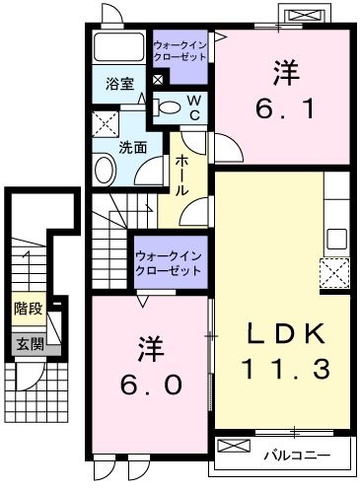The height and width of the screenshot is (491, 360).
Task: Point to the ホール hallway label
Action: pos(182,175)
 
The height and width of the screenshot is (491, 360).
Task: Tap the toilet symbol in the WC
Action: pos(169,106)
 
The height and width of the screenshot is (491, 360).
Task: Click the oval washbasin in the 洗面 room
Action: pos(105,172)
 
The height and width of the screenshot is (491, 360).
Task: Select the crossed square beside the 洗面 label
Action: pos(105,124)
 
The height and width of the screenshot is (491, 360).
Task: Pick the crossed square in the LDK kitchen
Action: pos(334,271)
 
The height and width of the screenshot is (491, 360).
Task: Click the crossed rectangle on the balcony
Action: pos(235,447)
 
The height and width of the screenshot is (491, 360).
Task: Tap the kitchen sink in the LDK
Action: pos(336,238)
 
